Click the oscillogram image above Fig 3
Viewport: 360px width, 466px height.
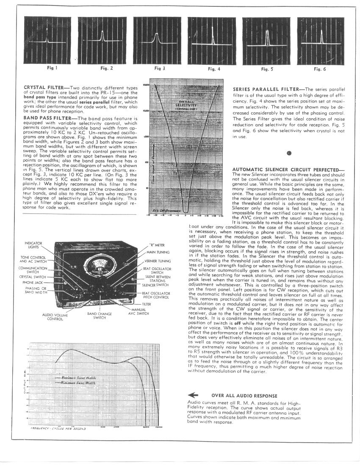point(156,39)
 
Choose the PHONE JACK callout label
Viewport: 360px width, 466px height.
point(31,282)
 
